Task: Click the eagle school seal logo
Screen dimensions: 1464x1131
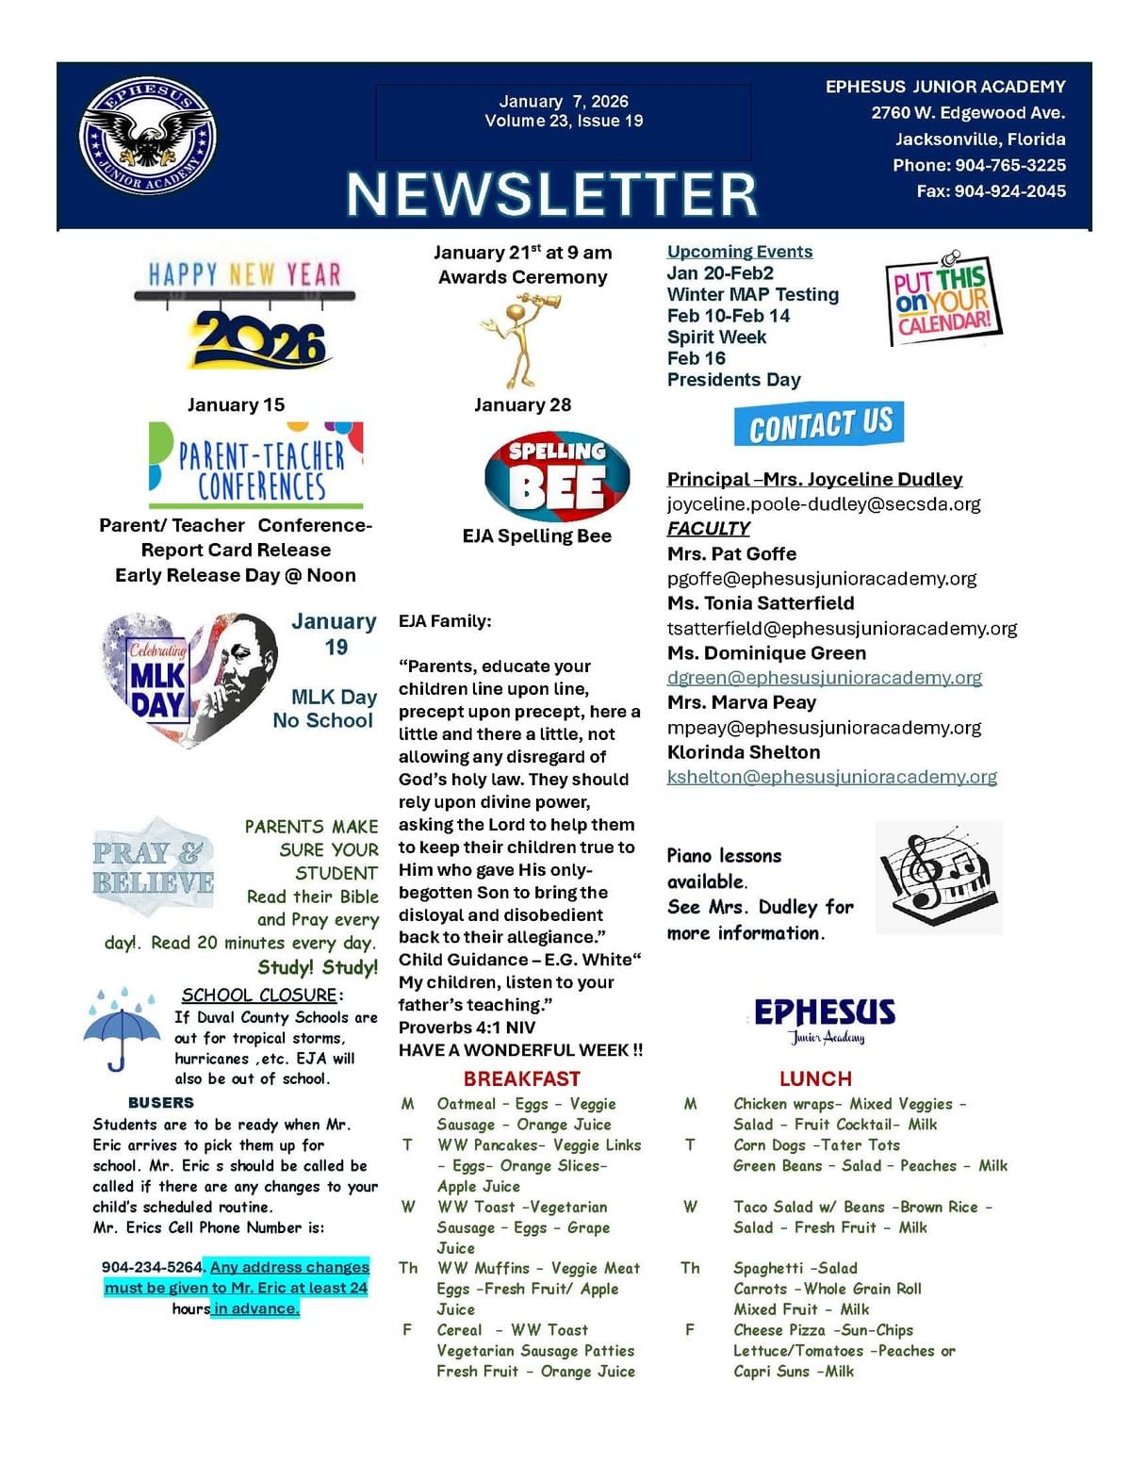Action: (x=149, y=135)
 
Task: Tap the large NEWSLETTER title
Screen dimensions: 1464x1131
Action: (x=551, y=194)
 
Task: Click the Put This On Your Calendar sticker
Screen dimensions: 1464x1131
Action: (x=942, y=301)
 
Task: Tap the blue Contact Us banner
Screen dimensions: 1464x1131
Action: (x=819, y=425)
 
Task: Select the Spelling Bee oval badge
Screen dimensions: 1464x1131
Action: (x=557, y=476)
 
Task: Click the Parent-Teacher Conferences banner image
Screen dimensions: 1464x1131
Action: (x=256, y=467)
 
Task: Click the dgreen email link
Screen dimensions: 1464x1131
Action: (x=824, y=678)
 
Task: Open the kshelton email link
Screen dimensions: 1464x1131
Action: (x=831, y=777)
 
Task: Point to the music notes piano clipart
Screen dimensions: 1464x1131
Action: (x=938, y=877)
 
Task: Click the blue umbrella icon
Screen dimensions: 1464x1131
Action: (x=122, y=1029)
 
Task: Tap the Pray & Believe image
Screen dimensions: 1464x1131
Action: (x=154, y=867)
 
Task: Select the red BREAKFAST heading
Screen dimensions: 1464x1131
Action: (x=521, y=1079)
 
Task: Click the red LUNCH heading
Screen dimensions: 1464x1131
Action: (x=815, y=1079)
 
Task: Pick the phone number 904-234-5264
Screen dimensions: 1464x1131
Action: (x=152, y=1267)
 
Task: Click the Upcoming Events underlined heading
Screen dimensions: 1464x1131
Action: (x=739, y=252)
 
